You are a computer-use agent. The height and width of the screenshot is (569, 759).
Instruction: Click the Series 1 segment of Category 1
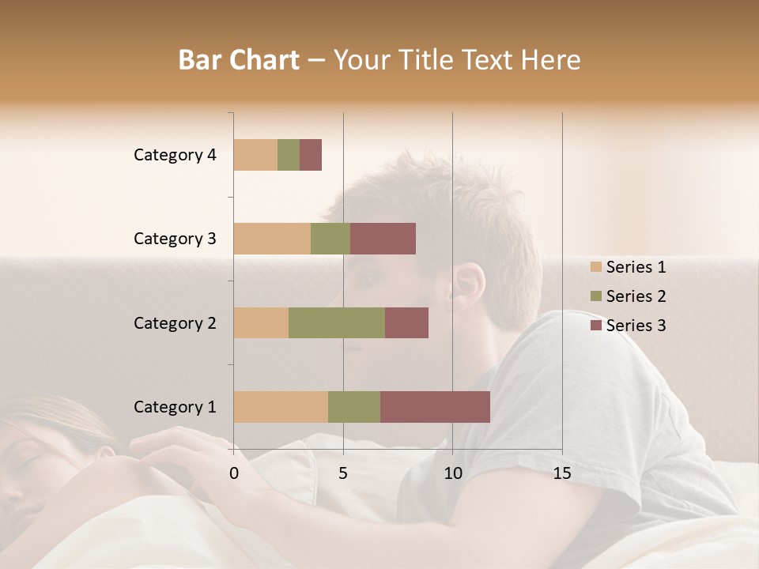[x=281, y=407]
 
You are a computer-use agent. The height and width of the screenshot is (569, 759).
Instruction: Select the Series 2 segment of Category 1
[x=354, y=407]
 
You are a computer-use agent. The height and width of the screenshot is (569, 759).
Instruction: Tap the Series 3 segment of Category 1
[x=435, y=407]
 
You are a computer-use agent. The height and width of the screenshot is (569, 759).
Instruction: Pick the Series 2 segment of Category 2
[x=337, y=322]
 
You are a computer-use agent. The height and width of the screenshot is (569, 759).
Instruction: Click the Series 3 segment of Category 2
[x=406, y=322]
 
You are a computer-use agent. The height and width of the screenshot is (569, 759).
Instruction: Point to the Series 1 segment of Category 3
[x=272, y=239]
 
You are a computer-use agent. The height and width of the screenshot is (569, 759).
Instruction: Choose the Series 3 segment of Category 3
[x=383, y=239]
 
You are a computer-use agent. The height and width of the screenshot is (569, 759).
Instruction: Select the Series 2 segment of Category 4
[x=289, y=155]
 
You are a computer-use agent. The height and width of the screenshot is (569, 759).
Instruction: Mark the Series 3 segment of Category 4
[x=311, y=155]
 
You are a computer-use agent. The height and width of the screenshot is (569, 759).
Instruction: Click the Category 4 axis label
[x=175, y=155]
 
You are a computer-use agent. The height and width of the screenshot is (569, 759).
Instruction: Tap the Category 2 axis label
[x=175, y=322]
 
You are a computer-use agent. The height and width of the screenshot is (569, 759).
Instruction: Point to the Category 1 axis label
[x=175, y=407]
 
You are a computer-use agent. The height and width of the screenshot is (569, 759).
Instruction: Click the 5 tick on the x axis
[x=343, y=473]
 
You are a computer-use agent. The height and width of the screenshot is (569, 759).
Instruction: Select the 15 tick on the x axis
[x=561, y=473]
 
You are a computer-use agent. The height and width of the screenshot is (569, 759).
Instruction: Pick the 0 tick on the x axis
[x=234, y=473]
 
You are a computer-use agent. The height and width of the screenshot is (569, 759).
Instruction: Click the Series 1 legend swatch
[x=595, y=267]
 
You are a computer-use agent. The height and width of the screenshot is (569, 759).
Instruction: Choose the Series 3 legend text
[x=636, y=326]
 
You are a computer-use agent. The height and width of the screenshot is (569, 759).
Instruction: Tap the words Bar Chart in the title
[x=239, y=60]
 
